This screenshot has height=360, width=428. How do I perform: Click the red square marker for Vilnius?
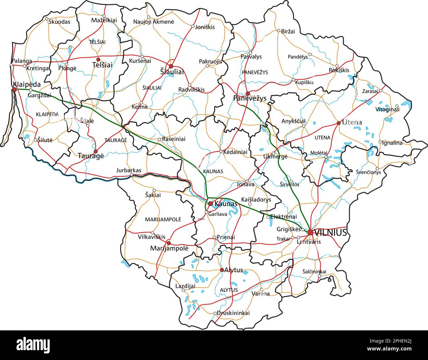pos(310,233)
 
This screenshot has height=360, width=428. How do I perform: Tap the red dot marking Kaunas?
pos(210,204)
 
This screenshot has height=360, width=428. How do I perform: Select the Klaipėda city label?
pos(27,84)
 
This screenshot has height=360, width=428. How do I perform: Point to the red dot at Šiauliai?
pos(171,66)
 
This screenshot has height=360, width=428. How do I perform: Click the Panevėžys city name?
pos(250,98)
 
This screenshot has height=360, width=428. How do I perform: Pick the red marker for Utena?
pos(338,123)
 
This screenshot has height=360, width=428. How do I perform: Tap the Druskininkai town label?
pos(233,313)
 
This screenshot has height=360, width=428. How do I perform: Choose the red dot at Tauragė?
pos(95,152)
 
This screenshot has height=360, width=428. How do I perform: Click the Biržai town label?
pos(288,31)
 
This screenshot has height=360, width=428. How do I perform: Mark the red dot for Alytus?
pos(222,270)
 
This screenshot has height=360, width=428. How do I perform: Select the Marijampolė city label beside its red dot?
pos(169,248)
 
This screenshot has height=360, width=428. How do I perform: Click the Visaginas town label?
pos(387,109)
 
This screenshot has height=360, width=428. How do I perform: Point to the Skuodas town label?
pos(59,22)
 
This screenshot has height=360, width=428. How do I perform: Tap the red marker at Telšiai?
pos(98,59)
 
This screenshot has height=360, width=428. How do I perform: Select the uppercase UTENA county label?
pos(322,138)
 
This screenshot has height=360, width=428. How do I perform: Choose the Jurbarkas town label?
pos(129,170)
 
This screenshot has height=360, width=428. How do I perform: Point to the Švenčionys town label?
pos(368,172)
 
